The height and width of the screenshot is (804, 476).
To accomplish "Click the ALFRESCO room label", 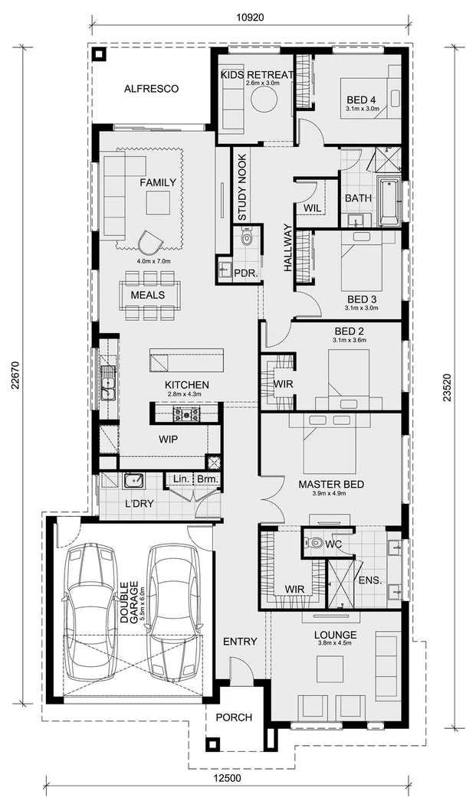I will click(151, 89).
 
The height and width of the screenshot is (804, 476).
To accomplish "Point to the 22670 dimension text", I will click(16, 375).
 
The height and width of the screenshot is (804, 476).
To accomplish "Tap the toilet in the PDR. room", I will click(246, 238).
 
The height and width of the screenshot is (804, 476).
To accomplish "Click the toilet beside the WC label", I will click(315, 544).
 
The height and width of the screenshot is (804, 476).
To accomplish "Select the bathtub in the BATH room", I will click(389, 201).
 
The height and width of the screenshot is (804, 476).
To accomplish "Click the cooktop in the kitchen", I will click(186, 414).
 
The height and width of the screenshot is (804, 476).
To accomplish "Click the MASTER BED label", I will click(331, 484).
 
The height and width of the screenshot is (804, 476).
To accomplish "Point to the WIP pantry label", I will click(168, 440).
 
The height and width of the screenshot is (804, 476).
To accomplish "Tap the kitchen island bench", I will click(186, 359).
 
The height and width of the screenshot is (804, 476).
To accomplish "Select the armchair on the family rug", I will click(151, 242).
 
